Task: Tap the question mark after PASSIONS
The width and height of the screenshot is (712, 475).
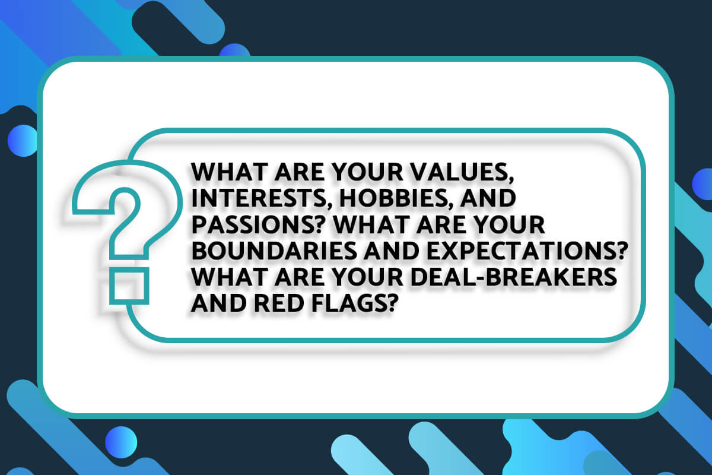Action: click(304, 227)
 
